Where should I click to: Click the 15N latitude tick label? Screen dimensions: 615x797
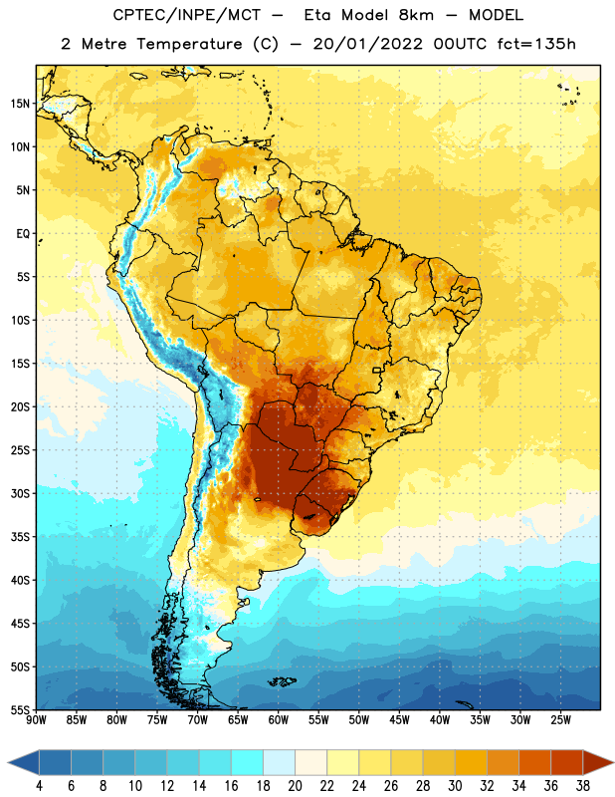point(20,104)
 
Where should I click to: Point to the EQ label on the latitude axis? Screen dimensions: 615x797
point(23,234)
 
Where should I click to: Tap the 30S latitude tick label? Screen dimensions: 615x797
point(20,493)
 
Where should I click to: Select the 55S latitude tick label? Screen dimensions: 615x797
point(20,710)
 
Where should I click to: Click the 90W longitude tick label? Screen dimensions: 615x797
point(36,720)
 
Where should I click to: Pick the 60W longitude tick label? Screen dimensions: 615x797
point(279,720)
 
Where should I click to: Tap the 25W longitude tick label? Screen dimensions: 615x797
point(560,720)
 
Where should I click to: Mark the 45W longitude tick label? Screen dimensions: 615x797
point(399,720)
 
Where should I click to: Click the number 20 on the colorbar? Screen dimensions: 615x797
point(295,786)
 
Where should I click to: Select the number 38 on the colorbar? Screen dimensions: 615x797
point(583,786)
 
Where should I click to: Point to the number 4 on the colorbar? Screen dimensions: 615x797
point(39,786)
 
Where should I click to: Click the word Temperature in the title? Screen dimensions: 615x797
point(189,44)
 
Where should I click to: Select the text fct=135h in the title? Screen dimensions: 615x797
point(536,44)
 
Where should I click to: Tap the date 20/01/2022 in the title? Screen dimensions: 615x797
point(367,44)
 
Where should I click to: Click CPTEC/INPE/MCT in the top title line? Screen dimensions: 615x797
point(186,15)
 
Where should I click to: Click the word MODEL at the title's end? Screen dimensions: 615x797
point(496,15)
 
